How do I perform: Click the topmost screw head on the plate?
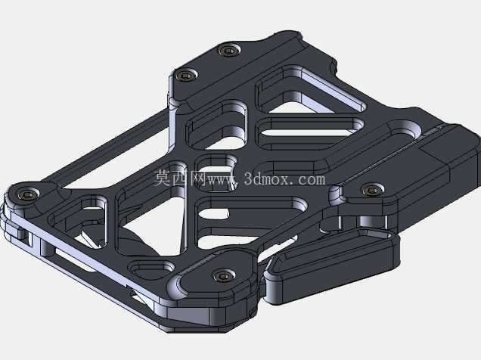point(228,50)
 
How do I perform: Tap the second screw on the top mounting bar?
point(185,75)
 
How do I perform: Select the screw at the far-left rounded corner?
point(29,194)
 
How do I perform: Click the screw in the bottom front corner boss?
point(224,276)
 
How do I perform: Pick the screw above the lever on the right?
point(372,190)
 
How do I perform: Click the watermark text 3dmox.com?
point(284,178)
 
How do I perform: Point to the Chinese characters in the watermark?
point(180,178)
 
